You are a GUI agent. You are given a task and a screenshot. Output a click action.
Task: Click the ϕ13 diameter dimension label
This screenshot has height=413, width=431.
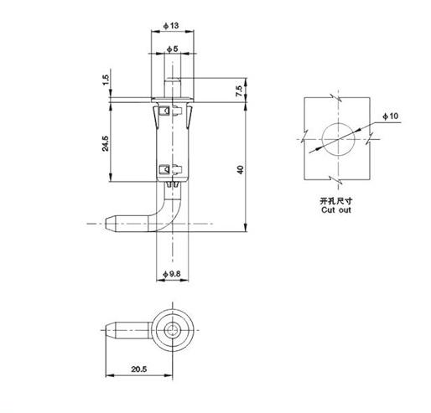(x=173, y=25)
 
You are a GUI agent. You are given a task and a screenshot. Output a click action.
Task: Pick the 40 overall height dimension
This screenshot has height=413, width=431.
(x=241, y=170)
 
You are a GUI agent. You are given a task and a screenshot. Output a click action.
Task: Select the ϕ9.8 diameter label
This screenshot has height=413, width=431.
(x=170, y=274)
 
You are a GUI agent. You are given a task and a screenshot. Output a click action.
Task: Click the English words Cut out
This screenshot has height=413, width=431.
(x=334, y=211)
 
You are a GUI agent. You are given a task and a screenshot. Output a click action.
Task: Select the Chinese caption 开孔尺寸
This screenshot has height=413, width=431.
(x=334, y=202)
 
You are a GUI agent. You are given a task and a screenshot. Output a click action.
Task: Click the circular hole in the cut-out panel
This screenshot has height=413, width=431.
(x=334, y=137)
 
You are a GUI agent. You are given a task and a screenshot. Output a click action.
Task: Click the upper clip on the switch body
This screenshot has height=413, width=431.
(x=164, y=108)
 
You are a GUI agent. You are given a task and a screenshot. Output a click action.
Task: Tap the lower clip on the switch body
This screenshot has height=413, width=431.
(x=164, y=172)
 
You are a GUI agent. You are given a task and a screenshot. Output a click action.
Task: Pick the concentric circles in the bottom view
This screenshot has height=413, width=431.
(x=174, y=328)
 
